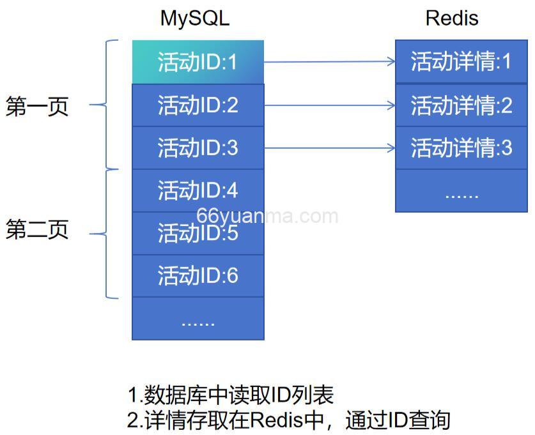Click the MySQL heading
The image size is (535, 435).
coord(194,18)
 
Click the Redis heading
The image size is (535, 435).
coord(452,18)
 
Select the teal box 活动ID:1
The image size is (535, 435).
coord(198,62)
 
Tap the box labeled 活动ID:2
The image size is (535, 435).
coord(198,105)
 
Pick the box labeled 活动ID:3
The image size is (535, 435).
coord(198,148)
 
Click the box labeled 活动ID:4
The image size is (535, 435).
coord(198,190)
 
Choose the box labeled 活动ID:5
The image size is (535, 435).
coord(198,233)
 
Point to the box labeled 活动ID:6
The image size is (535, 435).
coord(198,275)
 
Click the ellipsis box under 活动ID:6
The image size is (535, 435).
coord(198,319)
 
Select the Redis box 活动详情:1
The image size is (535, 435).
coord(461,62)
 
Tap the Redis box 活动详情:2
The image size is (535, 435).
coord(461,105)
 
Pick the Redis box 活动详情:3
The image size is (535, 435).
coord(461,148)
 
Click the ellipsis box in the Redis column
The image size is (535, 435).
coord(461,191)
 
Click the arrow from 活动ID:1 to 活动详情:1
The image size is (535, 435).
coord(329,62)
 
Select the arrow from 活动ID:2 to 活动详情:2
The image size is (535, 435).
coord(329,105)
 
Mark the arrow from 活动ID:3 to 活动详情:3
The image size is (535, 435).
coord(329,148)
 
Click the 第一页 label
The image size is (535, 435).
coord(37,106)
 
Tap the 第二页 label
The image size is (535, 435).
coord(37,229)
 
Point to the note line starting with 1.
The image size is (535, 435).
coord(231,395)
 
